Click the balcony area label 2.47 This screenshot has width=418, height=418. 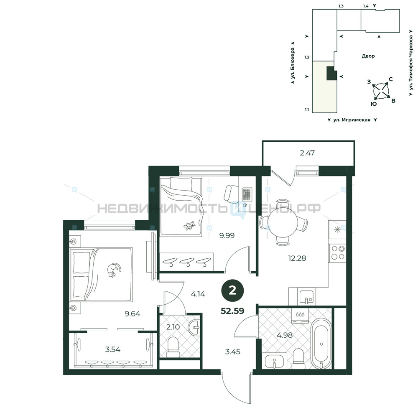[307, 153]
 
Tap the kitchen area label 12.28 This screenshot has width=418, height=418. [297, 258]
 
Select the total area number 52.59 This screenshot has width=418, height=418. [232, 311]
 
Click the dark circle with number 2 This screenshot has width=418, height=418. [233, 291]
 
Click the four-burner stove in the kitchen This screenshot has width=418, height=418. [337, 253]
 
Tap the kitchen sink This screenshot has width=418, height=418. [307, 297]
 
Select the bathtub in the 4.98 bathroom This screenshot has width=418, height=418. [321, 344]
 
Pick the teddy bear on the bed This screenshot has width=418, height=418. [189, 226]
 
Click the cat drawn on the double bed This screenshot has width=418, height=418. [114, 270]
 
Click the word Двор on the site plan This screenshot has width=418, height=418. [368, 56]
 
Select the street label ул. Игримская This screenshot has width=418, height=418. [352, 120]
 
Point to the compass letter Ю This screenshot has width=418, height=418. [374, 104]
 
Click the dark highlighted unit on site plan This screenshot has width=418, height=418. [332, 73]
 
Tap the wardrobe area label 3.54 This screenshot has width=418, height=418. [112, 349]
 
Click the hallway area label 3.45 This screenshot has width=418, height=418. [233, 352]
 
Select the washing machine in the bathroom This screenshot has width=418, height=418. [301, 316]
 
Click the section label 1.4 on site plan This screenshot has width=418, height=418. [366, 6]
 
